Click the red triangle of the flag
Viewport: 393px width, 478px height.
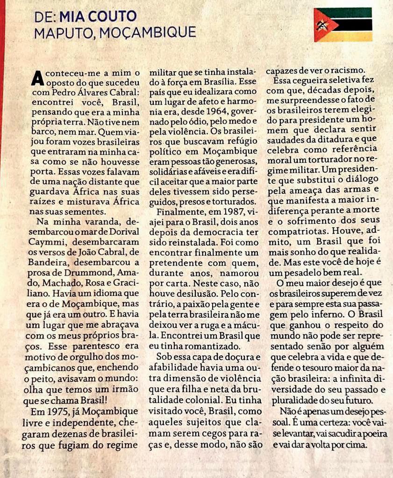(x=322, y=24)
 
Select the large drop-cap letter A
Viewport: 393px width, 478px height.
(x=37, y=77)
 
